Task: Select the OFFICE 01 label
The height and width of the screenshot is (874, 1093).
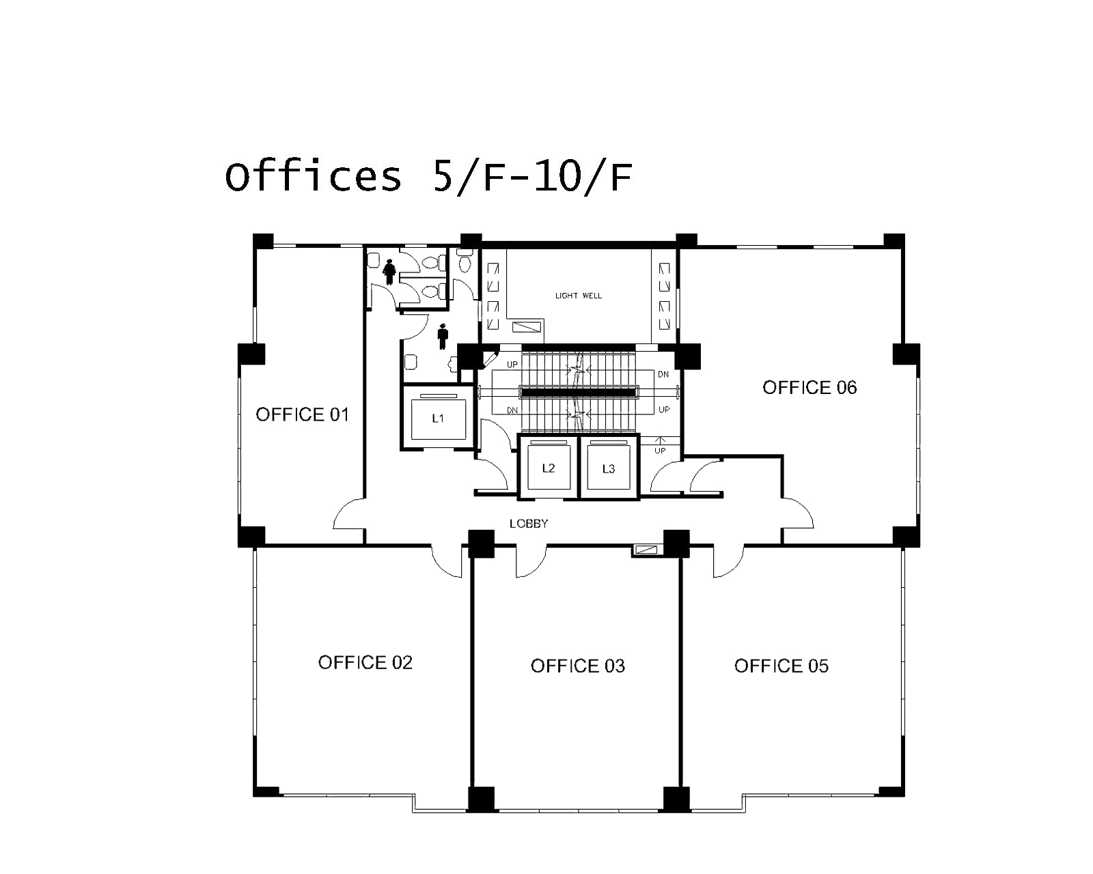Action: [x=302, y=414]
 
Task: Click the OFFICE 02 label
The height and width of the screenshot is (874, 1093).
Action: [x=365, y=662]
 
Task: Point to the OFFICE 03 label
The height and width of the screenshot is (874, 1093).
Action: [x=577, y=666]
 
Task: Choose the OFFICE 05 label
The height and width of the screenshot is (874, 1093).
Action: [x=781, y=666]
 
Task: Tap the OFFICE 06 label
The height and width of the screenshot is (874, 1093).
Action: [x=810, y=387]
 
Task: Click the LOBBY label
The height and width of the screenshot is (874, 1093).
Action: [x=529, y=524]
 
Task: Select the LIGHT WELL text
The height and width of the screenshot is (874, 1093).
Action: [x=579, y=296]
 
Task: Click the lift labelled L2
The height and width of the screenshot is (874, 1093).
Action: [x=549, y=468]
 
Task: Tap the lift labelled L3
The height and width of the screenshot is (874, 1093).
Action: [x=609, y=468]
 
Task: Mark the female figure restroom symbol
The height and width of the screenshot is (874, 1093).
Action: [x=389, y=272]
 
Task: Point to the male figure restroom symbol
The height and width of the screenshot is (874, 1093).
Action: [x=443, y=337]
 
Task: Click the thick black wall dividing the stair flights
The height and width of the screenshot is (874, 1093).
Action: [x=579, y=392]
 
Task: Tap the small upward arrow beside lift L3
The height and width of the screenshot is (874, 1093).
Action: [x=660, y=440]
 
